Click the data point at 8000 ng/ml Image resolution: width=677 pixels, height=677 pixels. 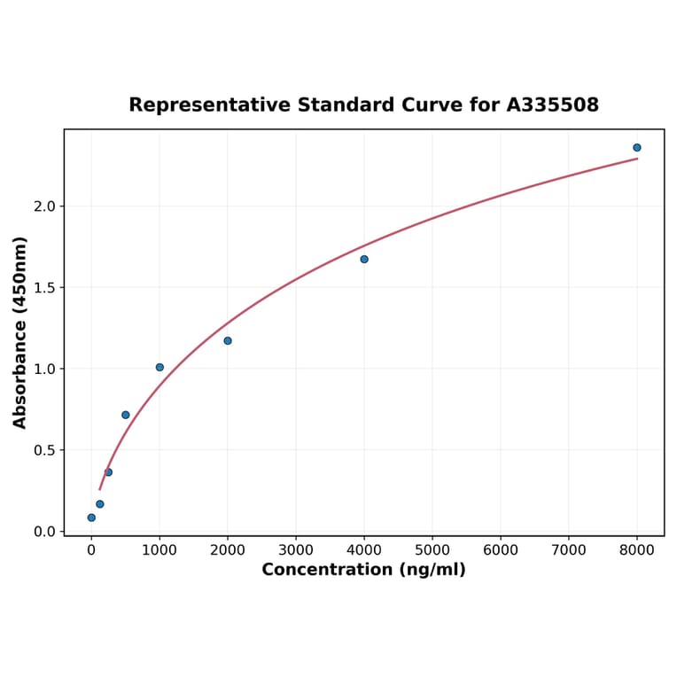636,148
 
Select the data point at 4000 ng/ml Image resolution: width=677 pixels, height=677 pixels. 364,259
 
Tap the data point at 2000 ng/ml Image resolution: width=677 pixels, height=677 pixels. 228,340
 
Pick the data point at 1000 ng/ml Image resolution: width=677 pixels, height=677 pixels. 160,367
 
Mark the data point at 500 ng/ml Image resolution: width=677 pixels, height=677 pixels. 126,415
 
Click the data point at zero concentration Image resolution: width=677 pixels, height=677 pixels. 91,517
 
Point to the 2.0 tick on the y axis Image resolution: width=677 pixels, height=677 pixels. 44,206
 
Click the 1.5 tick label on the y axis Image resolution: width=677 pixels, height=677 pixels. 44,288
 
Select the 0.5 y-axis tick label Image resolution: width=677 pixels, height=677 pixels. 44,450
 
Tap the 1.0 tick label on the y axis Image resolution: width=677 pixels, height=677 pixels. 44,369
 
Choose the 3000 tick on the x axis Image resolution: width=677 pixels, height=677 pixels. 296,550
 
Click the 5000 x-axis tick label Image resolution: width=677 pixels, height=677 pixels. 432,550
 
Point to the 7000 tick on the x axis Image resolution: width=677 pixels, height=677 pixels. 569,550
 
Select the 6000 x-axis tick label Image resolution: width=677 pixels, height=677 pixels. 501,550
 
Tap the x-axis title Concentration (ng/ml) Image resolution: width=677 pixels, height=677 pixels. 363,570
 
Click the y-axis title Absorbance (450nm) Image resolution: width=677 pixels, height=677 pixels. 20,332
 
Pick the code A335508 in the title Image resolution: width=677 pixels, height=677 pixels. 553,105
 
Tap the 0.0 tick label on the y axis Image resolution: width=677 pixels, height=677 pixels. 44,532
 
